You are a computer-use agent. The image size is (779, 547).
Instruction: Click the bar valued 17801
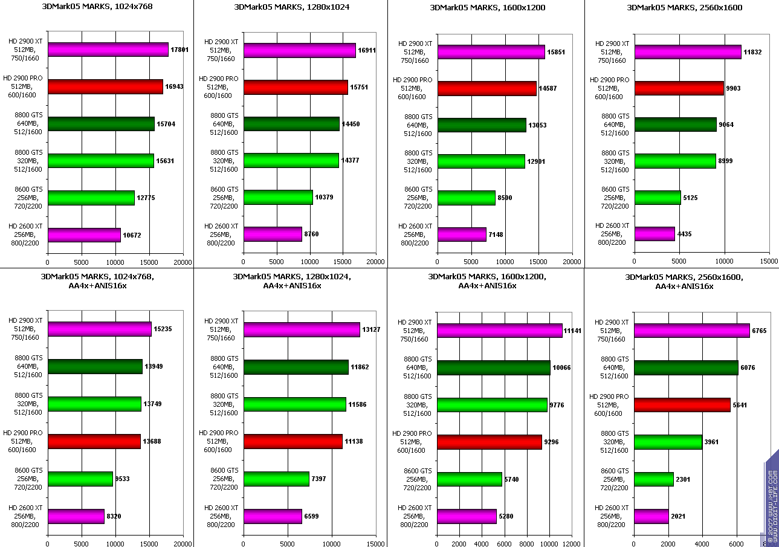[108, 50]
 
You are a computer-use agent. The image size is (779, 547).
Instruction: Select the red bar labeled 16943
[105, 86]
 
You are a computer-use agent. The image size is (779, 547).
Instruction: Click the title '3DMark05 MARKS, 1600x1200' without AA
[487, 8]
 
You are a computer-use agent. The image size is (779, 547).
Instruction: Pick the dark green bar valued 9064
[676, 125]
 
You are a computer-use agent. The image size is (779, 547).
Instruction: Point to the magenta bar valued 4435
[655, 233]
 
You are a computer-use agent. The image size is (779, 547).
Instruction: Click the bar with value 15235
[99, 329]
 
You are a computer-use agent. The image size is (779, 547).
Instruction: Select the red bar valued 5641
[682, 405]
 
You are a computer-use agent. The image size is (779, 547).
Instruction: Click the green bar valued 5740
[470, 479]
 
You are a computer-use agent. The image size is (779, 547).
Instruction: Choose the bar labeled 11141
[500, 331]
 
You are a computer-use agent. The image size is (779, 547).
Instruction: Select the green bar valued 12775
[91, 198]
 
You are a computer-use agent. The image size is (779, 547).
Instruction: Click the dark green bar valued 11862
[296, 367]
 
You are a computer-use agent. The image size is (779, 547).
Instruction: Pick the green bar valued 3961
[668, 442]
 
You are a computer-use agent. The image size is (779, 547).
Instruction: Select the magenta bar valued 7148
[462, 234]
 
